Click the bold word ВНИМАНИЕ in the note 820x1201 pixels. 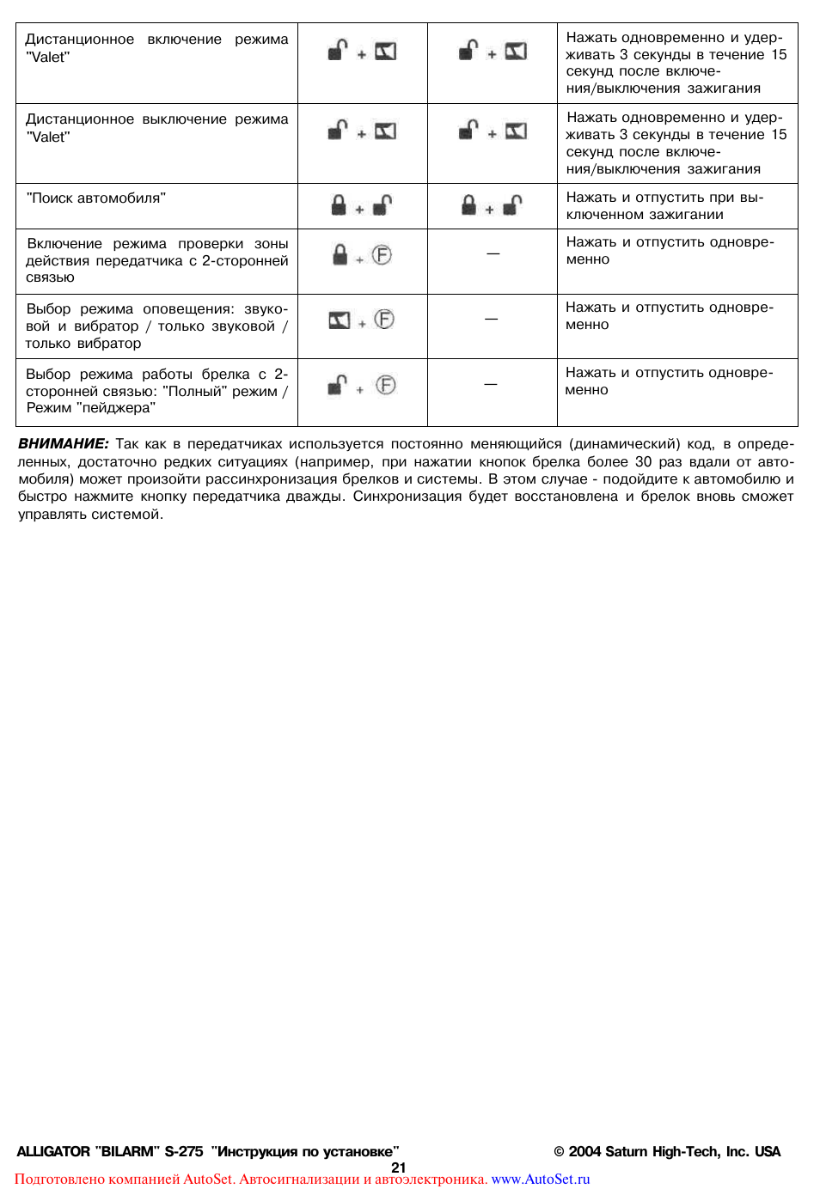click(63, 444)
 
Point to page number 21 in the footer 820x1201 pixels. click(398, 1167)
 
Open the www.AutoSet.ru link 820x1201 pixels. click(540, 1180)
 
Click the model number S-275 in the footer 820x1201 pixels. click(184, 1152)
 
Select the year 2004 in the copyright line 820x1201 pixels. click(584, 1152)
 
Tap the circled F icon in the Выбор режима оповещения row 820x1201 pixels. click(384, 320)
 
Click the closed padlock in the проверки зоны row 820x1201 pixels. click(340, 254)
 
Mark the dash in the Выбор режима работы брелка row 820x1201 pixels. click(491, 384)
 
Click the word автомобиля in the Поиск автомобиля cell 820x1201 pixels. click(120, 198)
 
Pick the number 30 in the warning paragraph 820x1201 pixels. click(643, 462)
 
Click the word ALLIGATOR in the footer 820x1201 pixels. click(53, 1152)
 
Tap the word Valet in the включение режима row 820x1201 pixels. click(48, 58)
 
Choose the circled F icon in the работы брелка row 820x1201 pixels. click(386, 385)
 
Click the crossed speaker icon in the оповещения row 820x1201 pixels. click(340, 320)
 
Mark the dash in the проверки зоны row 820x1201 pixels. click(493, 253)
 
